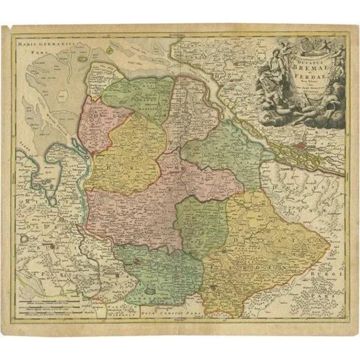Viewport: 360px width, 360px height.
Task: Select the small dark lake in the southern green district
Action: click(x=149, y=290)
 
